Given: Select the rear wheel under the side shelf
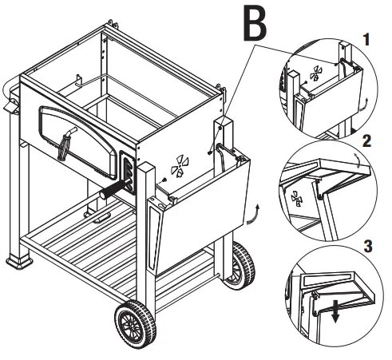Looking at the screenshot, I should click(241, 264).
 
